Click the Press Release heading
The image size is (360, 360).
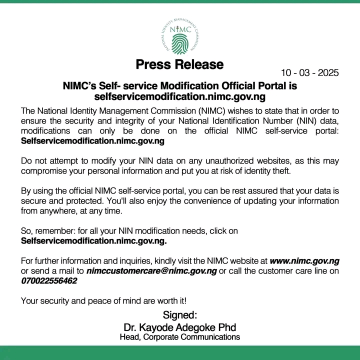[179, 64]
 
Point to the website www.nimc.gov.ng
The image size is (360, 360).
[304, 260]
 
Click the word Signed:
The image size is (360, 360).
[179, 315]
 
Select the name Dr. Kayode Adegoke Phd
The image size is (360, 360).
[179, 327]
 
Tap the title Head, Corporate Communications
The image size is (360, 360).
[179, 337]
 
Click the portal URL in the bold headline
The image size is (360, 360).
[179, 96]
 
